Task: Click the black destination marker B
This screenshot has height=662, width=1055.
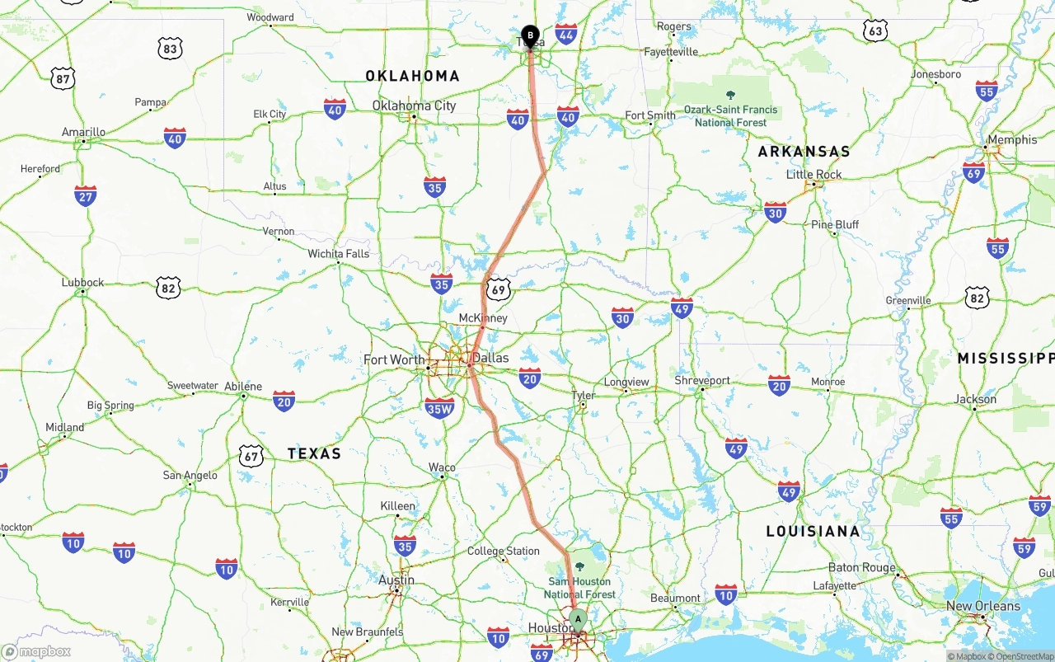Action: [x=530, y=36]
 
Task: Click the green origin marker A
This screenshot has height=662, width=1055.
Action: [x=578, y=618]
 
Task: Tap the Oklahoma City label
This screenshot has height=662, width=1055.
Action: [x=414, y=106]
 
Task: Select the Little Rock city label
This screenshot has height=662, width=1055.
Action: [x=814, y=175]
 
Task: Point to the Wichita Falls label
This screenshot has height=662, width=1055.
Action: [x=339, y=254]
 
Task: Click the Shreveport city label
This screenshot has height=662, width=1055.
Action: [x=702, y=381]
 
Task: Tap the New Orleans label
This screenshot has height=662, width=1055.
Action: [x=982, y=606]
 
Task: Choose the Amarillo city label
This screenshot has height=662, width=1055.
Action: [x=83, y=132]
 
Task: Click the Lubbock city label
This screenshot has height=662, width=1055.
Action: [x=82, y=282]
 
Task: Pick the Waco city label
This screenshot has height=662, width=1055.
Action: [x=442, y=467]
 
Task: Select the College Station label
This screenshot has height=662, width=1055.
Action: [x=503, y=551]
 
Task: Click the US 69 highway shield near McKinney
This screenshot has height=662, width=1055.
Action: [x=497, y=289]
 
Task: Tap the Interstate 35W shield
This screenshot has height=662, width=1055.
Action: [x=439, y=407]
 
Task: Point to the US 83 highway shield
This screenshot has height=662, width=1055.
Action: [x=170, y=49]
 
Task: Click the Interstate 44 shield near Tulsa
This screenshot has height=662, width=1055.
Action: [x=566, y=34]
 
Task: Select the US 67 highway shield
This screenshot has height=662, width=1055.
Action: [x=251, y=456]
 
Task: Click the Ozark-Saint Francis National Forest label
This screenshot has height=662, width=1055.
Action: [x=730, y=115]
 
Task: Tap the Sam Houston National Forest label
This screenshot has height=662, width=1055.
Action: [x=579, y=587]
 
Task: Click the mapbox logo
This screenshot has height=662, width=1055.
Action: [x=36, y=652]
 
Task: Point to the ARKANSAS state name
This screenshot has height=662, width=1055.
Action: [x=804, y=152]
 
